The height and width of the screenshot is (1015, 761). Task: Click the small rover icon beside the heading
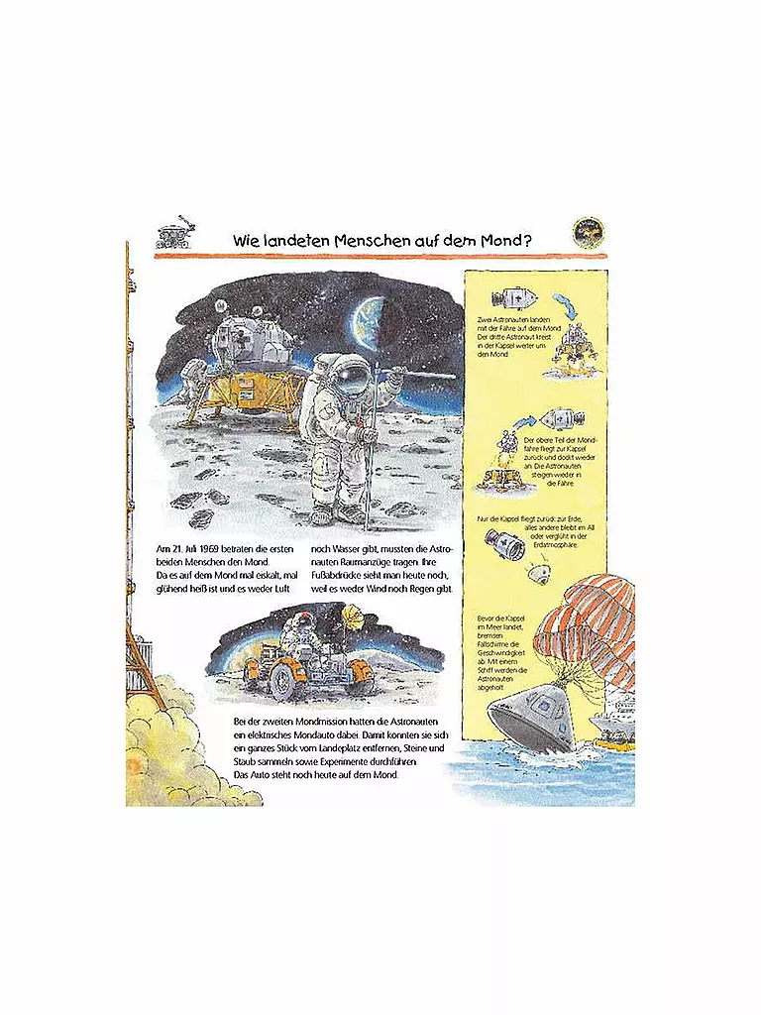(174, 234)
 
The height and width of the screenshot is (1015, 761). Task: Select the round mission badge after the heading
(588, 233)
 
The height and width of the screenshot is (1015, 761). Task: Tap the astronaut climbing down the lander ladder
(196, 379)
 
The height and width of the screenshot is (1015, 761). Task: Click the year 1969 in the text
(210, 548)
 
